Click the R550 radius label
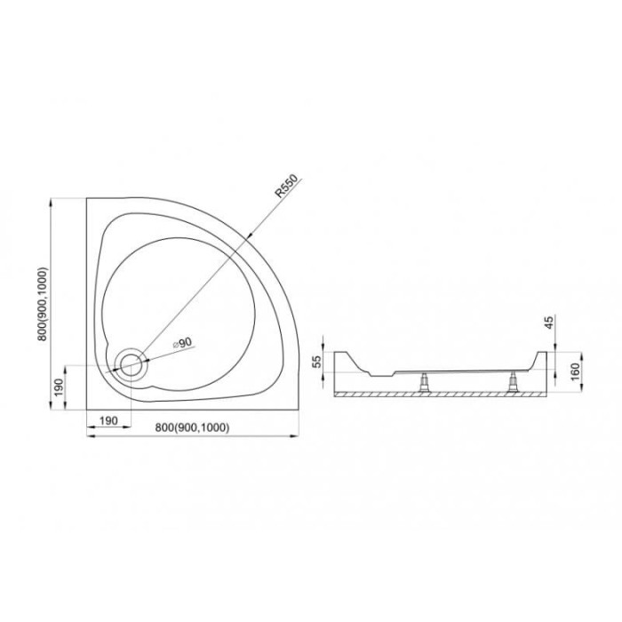tap(286, 186)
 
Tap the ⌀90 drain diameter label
tap(182, 343)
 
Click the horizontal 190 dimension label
tap(108, 420)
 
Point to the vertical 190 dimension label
tap(59, 388)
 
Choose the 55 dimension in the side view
tap(316, 362)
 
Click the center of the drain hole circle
tap(132, 364)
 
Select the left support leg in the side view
tap(425, 382)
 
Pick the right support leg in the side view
tap(513, 382)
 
